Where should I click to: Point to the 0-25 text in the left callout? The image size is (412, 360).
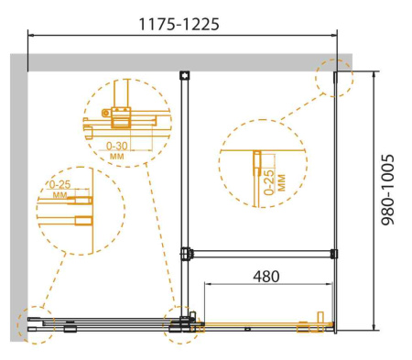pyautogui.click(x=59, y=184)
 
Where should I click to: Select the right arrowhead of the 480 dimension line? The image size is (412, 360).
pyautogui.click(x=331, y=287)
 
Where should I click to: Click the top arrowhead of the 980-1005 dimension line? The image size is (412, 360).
pyautogui.click(x=376, y=72)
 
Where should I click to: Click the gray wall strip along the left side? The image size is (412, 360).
pyautogui.click(x=17, y=183)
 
